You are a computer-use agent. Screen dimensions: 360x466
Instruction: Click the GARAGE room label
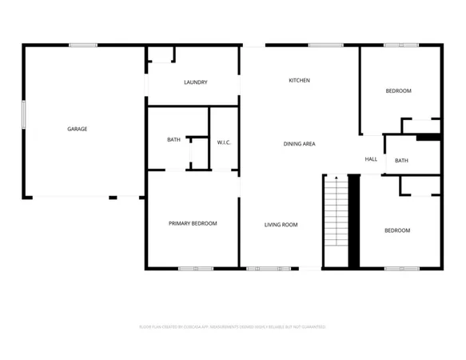click(x=77, y=129)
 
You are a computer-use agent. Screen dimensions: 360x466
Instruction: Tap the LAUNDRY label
click(x=196, y=82)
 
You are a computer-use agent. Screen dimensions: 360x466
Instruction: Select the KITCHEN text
click(x=299, y=80)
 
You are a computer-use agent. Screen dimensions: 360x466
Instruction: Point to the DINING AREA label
click(x=299, y=144)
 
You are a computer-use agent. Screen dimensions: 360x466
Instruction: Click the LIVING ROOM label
click(x=281, y=225)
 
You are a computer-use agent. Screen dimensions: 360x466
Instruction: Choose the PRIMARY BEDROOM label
click(x=193, y=223)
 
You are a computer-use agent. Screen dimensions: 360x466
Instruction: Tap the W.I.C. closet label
click(x=224, y=142)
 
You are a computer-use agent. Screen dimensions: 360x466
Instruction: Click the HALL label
click(x=371, y=159)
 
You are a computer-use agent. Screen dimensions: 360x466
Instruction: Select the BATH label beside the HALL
click(x=401, y=160)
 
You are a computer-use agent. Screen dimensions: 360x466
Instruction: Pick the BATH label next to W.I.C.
click(x=173, y=140)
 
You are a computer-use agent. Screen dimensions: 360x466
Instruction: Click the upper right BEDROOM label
click(x=398, y=91)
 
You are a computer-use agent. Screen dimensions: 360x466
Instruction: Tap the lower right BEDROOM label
click(x=397, y=230)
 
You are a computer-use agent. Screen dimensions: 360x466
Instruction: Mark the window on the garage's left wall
click(x=23, y=113)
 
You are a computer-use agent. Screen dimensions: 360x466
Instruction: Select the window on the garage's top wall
click(x=82, y=45)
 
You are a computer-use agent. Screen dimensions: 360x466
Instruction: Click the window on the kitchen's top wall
click(x=321, y=45)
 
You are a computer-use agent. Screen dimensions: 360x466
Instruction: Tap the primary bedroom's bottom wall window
click(x=195, y=268)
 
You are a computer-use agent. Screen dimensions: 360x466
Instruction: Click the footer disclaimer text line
click(x=233, y=326)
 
